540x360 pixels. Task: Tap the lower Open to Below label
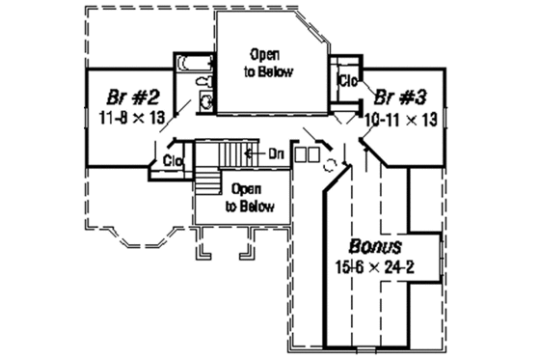tap(250, 198)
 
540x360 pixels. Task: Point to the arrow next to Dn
tap(253, 152)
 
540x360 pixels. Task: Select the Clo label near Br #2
tap(174, 160)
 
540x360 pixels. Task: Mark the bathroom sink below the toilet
tap(205, 104)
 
